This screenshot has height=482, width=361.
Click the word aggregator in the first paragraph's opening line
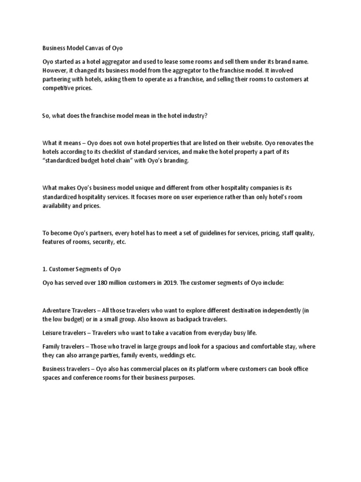pos(120,62)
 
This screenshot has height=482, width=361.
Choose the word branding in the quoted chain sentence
pos(175,161)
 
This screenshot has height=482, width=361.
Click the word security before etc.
pos(101,242)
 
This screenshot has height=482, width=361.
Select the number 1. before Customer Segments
pos(45,269)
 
